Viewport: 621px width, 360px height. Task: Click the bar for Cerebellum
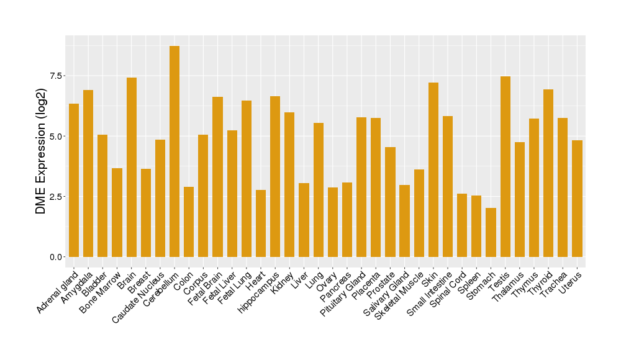175,151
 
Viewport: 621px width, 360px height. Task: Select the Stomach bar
491,232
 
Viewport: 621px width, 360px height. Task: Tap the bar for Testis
505,166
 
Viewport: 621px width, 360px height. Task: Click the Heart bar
261,223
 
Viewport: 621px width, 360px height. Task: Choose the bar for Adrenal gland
74,180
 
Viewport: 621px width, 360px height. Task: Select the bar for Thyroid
548,173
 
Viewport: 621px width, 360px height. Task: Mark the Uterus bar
577,199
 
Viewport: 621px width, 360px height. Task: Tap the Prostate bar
390,202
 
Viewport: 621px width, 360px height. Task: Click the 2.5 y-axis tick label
55,197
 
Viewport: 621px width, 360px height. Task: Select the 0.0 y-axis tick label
55,257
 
